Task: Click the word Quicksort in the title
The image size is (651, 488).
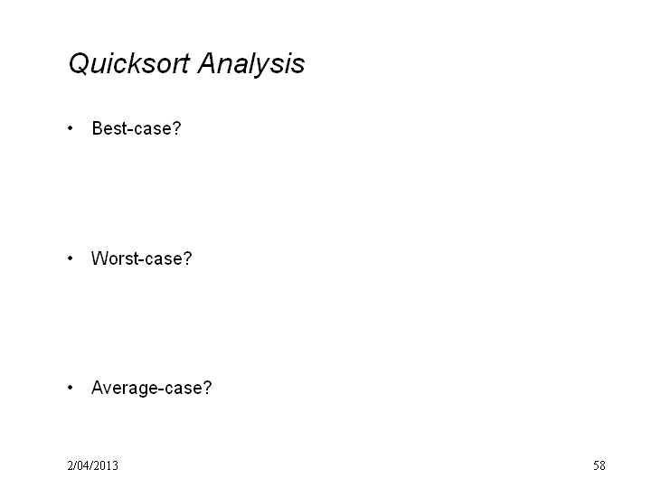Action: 129,63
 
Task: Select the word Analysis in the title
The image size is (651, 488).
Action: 251,63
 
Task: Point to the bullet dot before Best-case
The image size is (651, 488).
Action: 71,128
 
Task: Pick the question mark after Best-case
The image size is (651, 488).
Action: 177,128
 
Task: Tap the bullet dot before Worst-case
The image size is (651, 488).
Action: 71,258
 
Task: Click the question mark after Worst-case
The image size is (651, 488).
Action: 188,258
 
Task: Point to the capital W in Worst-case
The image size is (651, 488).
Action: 99,258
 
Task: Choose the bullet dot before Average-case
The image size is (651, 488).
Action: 71,388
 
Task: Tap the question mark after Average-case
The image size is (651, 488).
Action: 207,388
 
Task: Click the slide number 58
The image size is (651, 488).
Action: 599,465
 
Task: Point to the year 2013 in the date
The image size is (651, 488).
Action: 107,465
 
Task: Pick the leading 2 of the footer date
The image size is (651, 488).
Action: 71,465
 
